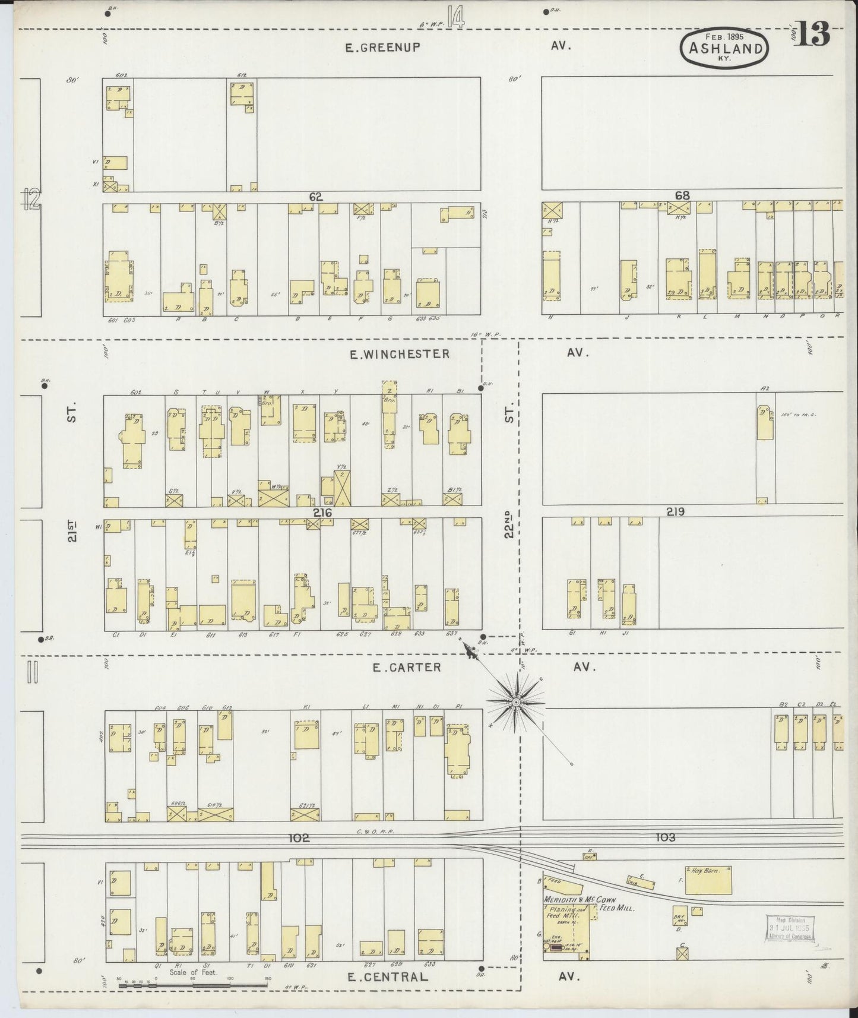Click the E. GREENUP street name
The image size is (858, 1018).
pos(382,48)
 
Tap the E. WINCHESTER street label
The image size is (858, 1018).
pos(399,355)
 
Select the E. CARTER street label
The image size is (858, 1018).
pos(406,668)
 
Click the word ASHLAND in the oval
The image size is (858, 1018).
pos(726,49)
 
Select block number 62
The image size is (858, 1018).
pos(315,197)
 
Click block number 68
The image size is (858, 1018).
pos(682,195)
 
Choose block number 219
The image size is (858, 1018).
pos(675,511)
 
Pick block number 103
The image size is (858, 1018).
pos(666,837)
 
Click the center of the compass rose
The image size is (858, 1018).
pos(516,702)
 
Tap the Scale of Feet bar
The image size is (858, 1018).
pos(193,986)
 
